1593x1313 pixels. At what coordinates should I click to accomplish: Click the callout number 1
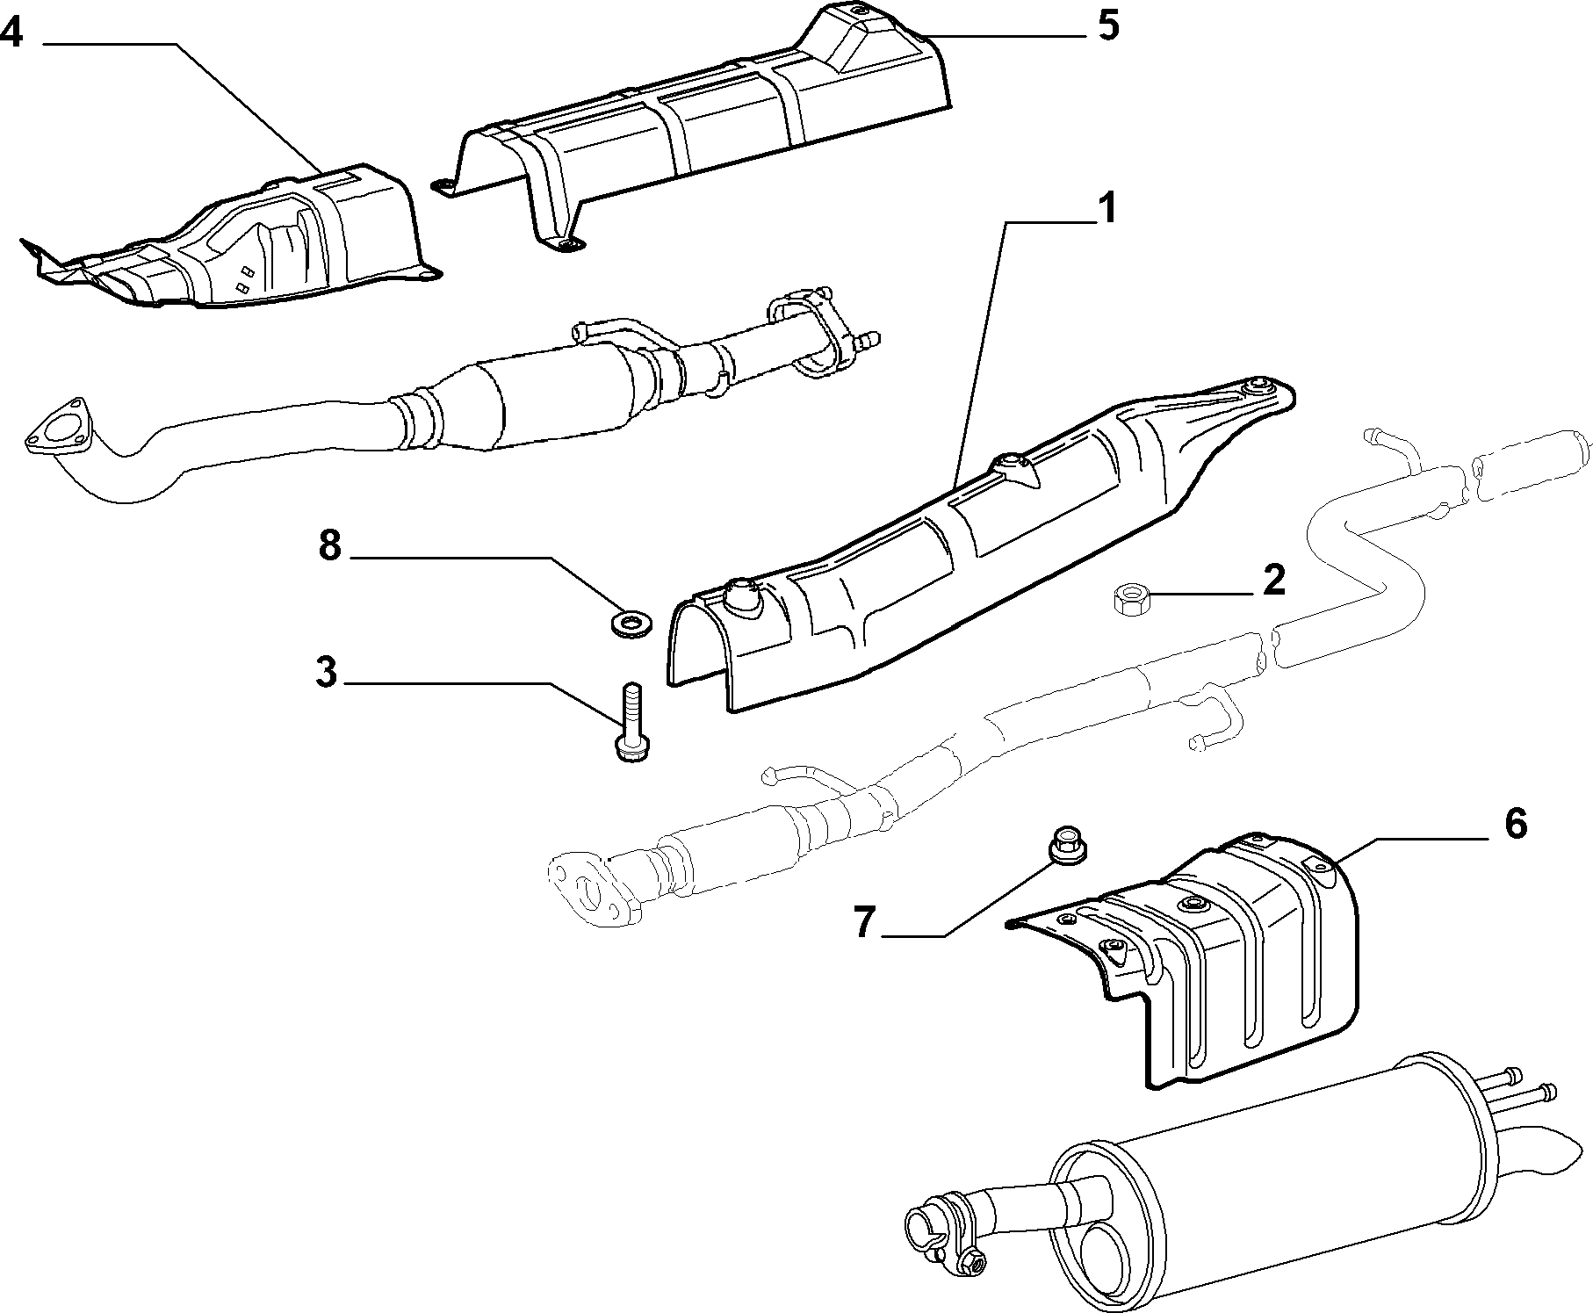click(1106, 210)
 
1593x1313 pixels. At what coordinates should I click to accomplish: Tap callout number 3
click(325, 673)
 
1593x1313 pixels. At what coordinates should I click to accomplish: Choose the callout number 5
click(1108, 26)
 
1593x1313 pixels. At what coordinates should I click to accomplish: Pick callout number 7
click(865, 922)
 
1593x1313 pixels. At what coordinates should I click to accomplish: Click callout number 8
click(329, 545)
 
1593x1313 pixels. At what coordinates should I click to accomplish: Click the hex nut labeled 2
click(1129, 601)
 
